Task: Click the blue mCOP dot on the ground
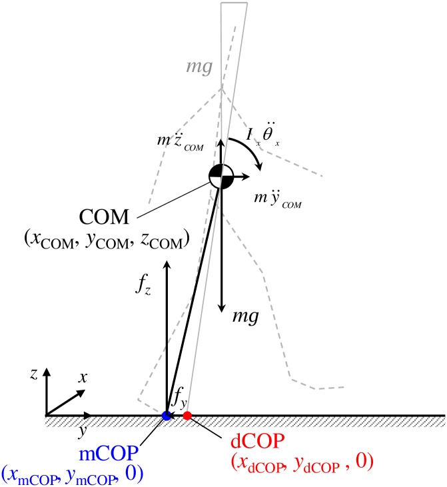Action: point(167,415)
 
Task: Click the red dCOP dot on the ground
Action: point(187,416)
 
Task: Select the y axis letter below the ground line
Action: point(81,430)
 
